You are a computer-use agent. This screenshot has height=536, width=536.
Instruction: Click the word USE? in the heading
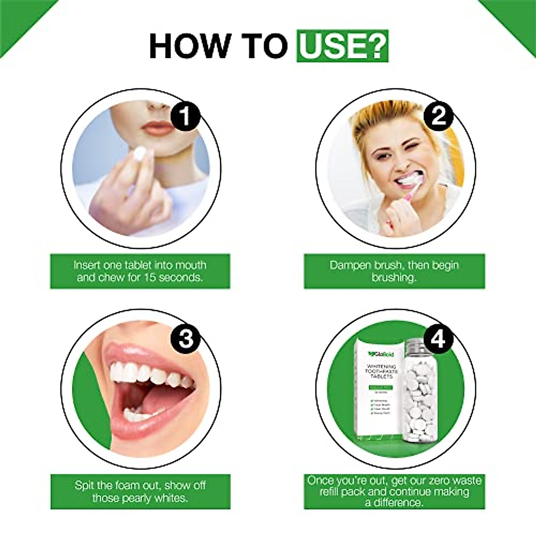pyautogui.click(x=342, y=46)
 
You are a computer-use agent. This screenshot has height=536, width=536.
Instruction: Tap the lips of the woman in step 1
pyautogui.click(x=158, y=128)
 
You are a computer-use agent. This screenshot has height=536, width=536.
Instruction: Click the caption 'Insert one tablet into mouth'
pyautogui.click(x=140, y=265)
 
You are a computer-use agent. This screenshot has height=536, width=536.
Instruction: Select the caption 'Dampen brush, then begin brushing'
pyautogui.click(x=394, y=271)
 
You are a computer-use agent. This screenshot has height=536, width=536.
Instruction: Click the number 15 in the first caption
pyautogui.click(x=150, y=277)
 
